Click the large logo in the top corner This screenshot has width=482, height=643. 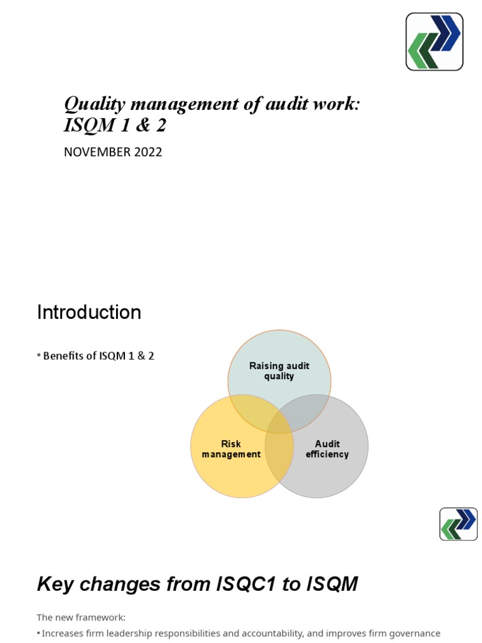[434, 41]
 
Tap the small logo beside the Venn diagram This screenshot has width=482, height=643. [458, 524]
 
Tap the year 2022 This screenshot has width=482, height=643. [147, 152]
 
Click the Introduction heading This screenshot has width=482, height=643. [89, 312]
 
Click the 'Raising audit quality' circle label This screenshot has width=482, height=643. [279, 371]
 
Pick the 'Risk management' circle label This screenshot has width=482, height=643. [231, 449]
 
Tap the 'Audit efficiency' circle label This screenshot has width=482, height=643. [327, 449]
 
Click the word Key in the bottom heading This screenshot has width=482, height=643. [55, 585]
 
